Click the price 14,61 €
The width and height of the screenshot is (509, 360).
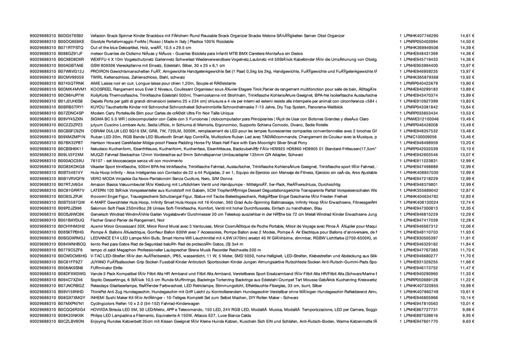[x=467, y=36]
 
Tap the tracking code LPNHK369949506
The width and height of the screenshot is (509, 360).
[x=421, y=48]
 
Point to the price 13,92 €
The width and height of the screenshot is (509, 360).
[x=467, y=78]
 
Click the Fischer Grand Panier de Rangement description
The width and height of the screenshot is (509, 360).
[x=126, y=220]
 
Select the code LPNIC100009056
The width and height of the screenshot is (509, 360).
[x=421, y=137]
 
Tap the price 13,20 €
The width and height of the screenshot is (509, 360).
[x=467, y=143]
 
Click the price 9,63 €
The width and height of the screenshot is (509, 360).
[x=468, y=321]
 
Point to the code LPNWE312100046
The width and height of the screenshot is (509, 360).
[x=422, y=119]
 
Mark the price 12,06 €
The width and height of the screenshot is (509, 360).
[x=467, y=226]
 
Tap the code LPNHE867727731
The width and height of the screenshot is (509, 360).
[x=421, y=309]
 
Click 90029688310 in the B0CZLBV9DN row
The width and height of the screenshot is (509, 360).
[x=43, y=321]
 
